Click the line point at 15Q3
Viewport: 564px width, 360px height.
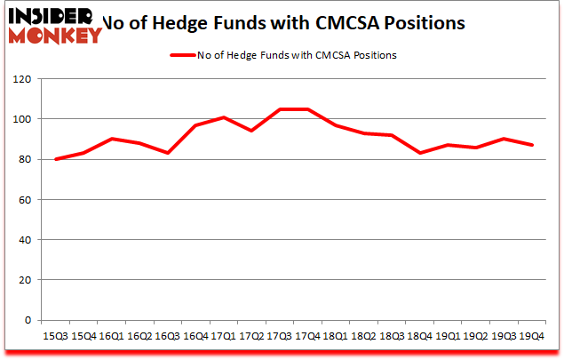point(55,159)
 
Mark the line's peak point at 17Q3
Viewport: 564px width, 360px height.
point(280,109)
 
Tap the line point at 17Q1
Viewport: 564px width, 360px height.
point(224,117)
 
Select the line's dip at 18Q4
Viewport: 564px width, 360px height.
point(420,153)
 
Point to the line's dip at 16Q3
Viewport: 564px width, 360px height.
point(167,153)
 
